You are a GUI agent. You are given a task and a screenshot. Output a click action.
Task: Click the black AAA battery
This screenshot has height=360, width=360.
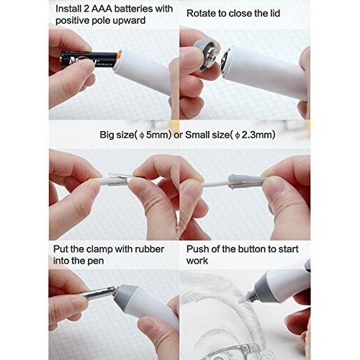(89, 60)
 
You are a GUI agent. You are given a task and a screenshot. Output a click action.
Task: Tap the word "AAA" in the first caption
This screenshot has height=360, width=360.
(98, 9)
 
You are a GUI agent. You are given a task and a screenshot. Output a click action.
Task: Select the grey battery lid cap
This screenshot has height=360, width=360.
(206, 55)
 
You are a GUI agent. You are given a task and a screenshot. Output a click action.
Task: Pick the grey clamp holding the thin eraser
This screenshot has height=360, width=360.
(244, 181)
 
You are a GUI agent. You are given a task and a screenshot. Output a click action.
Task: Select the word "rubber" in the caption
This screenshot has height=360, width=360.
(150, 249)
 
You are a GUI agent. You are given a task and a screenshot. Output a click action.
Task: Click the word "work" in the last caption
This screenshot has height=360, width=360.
(197, 261)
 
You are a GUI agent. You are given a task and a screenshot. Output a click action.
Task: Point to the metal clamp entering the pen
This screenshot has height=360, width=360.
(99, 293)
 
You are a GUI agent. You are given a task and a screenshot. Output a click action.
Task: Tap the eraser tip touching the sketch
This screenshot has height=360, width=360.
(242, 300)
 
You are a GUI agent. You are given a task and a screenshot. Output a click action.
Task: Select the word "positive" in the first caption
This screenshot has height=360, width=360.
(71, 21)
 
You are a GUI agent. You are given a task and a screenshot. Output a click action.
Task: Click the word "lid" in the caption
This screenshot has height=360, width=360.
(275, 14)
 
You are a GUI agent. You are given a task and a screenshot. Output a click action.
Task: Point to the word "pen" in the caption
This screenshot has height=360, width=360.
(95, 261)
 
